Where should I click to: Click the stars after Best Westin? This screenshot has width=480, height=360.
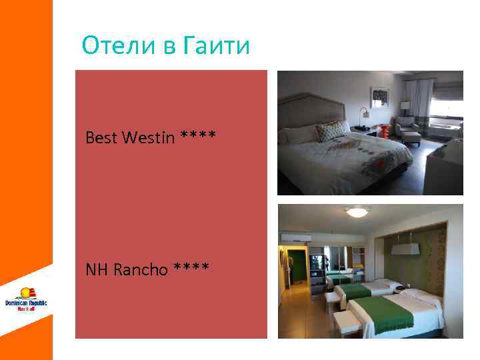198,137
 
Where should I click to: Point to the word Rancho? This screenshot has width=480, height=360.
141,270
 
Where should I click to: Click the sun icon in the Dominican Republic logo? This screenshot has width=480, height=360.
26,293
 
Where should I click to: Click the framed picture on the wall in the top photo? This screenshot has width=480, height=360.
380,98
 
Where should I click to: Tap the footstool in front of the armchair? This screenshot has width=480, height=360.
411,138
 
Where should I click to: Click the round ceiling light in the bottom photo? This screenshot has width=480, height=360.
357,213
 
